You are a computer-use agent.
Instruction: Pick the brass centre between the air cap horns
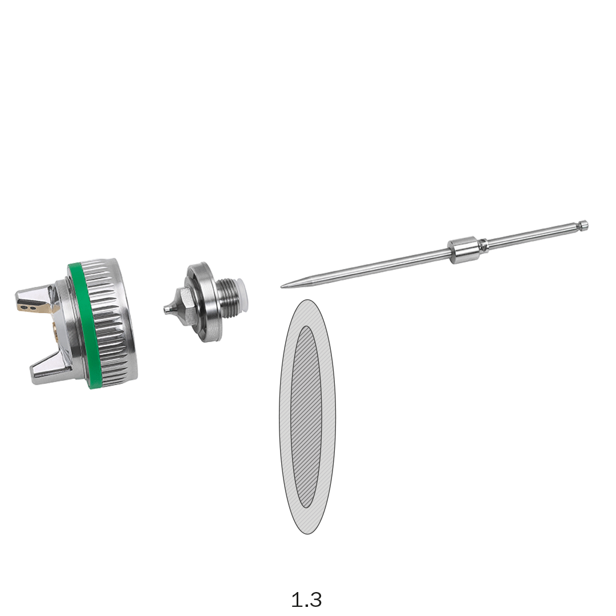[55, 331]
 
